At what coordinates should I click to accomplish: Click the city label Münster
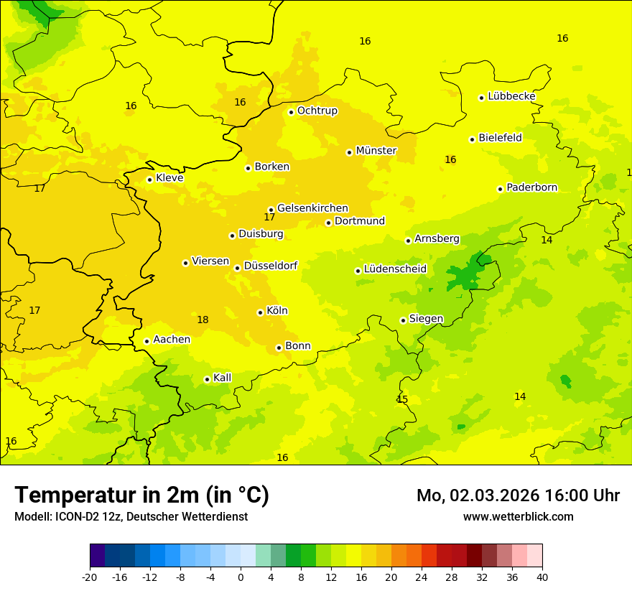[376, 151]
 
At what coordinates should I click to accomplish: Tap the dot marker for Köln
[260, 312]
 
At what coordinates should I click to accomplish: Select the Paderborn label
[531, 188]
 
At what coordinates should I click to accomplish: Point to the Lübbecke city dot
[481, 98]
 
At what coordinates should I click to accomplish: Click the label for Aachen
[172, 340]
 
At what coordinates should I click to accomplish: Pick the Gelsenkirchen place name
[312, 208]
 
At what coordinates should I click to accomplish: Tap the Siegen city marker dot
[403, 321]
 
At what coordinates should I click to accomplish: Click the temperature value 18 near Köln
[203, 320]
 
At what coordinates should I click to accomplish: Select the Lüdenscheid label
[395, 269]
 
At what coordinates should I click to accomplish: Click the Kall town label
[222, 378]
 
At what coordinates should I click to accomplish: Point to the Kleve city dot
[149, 180]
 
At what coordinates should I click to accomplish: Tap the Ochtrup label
[317, 111]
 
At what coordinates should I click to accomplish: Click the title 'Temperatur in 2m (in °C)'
[141, 495]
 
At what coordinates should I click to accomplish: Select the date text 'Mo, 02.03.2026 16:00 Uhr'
[518, 495]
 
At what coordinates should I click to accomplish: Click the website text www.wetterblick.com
[518, 517]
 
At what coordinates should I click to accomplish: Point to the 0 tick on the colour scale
[241, 577]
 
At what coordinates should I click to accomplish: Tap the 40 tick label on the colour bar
[542, 577]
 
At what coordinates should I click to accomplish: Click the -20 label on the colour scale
[90, 577]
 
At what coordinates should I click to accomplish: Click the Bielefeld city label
[500, 138]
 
